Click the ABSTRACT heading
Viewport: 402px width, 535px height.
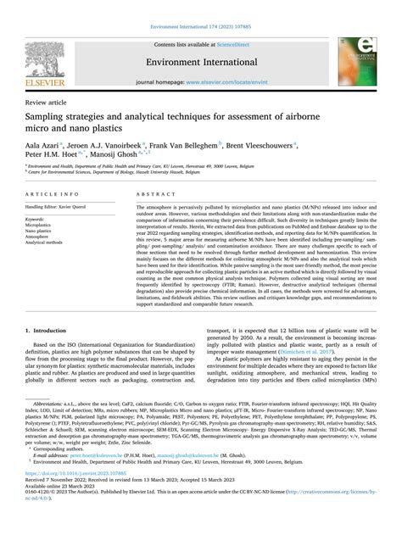[151, 194]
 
